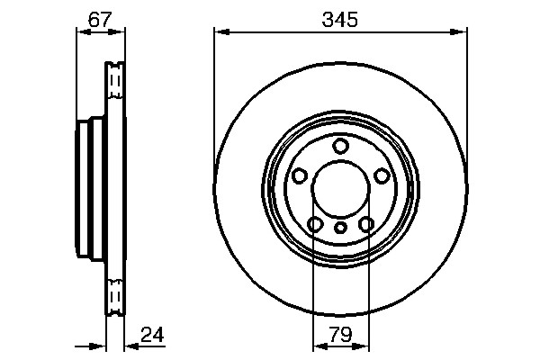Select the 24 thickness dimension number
(153, 336)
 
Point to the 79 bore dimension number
(340, 336)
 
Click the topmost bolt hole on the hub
(340, 146)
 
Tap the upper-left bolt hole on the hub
(299, 176)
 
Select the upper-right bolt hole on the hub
(382, 176)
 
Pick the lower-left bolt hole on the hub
(315, 224)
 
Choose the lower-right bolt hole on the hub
(365, 224)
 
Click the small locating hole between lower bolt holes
(340, 229)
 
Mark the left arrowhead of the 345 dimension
(219, 32)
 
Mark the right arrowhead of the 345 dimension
(463, 32)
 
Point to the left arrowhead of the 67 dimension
(79, 32)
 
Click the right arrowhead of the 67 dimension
(120, 32)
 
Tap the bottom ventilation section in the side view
(114, 297)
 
